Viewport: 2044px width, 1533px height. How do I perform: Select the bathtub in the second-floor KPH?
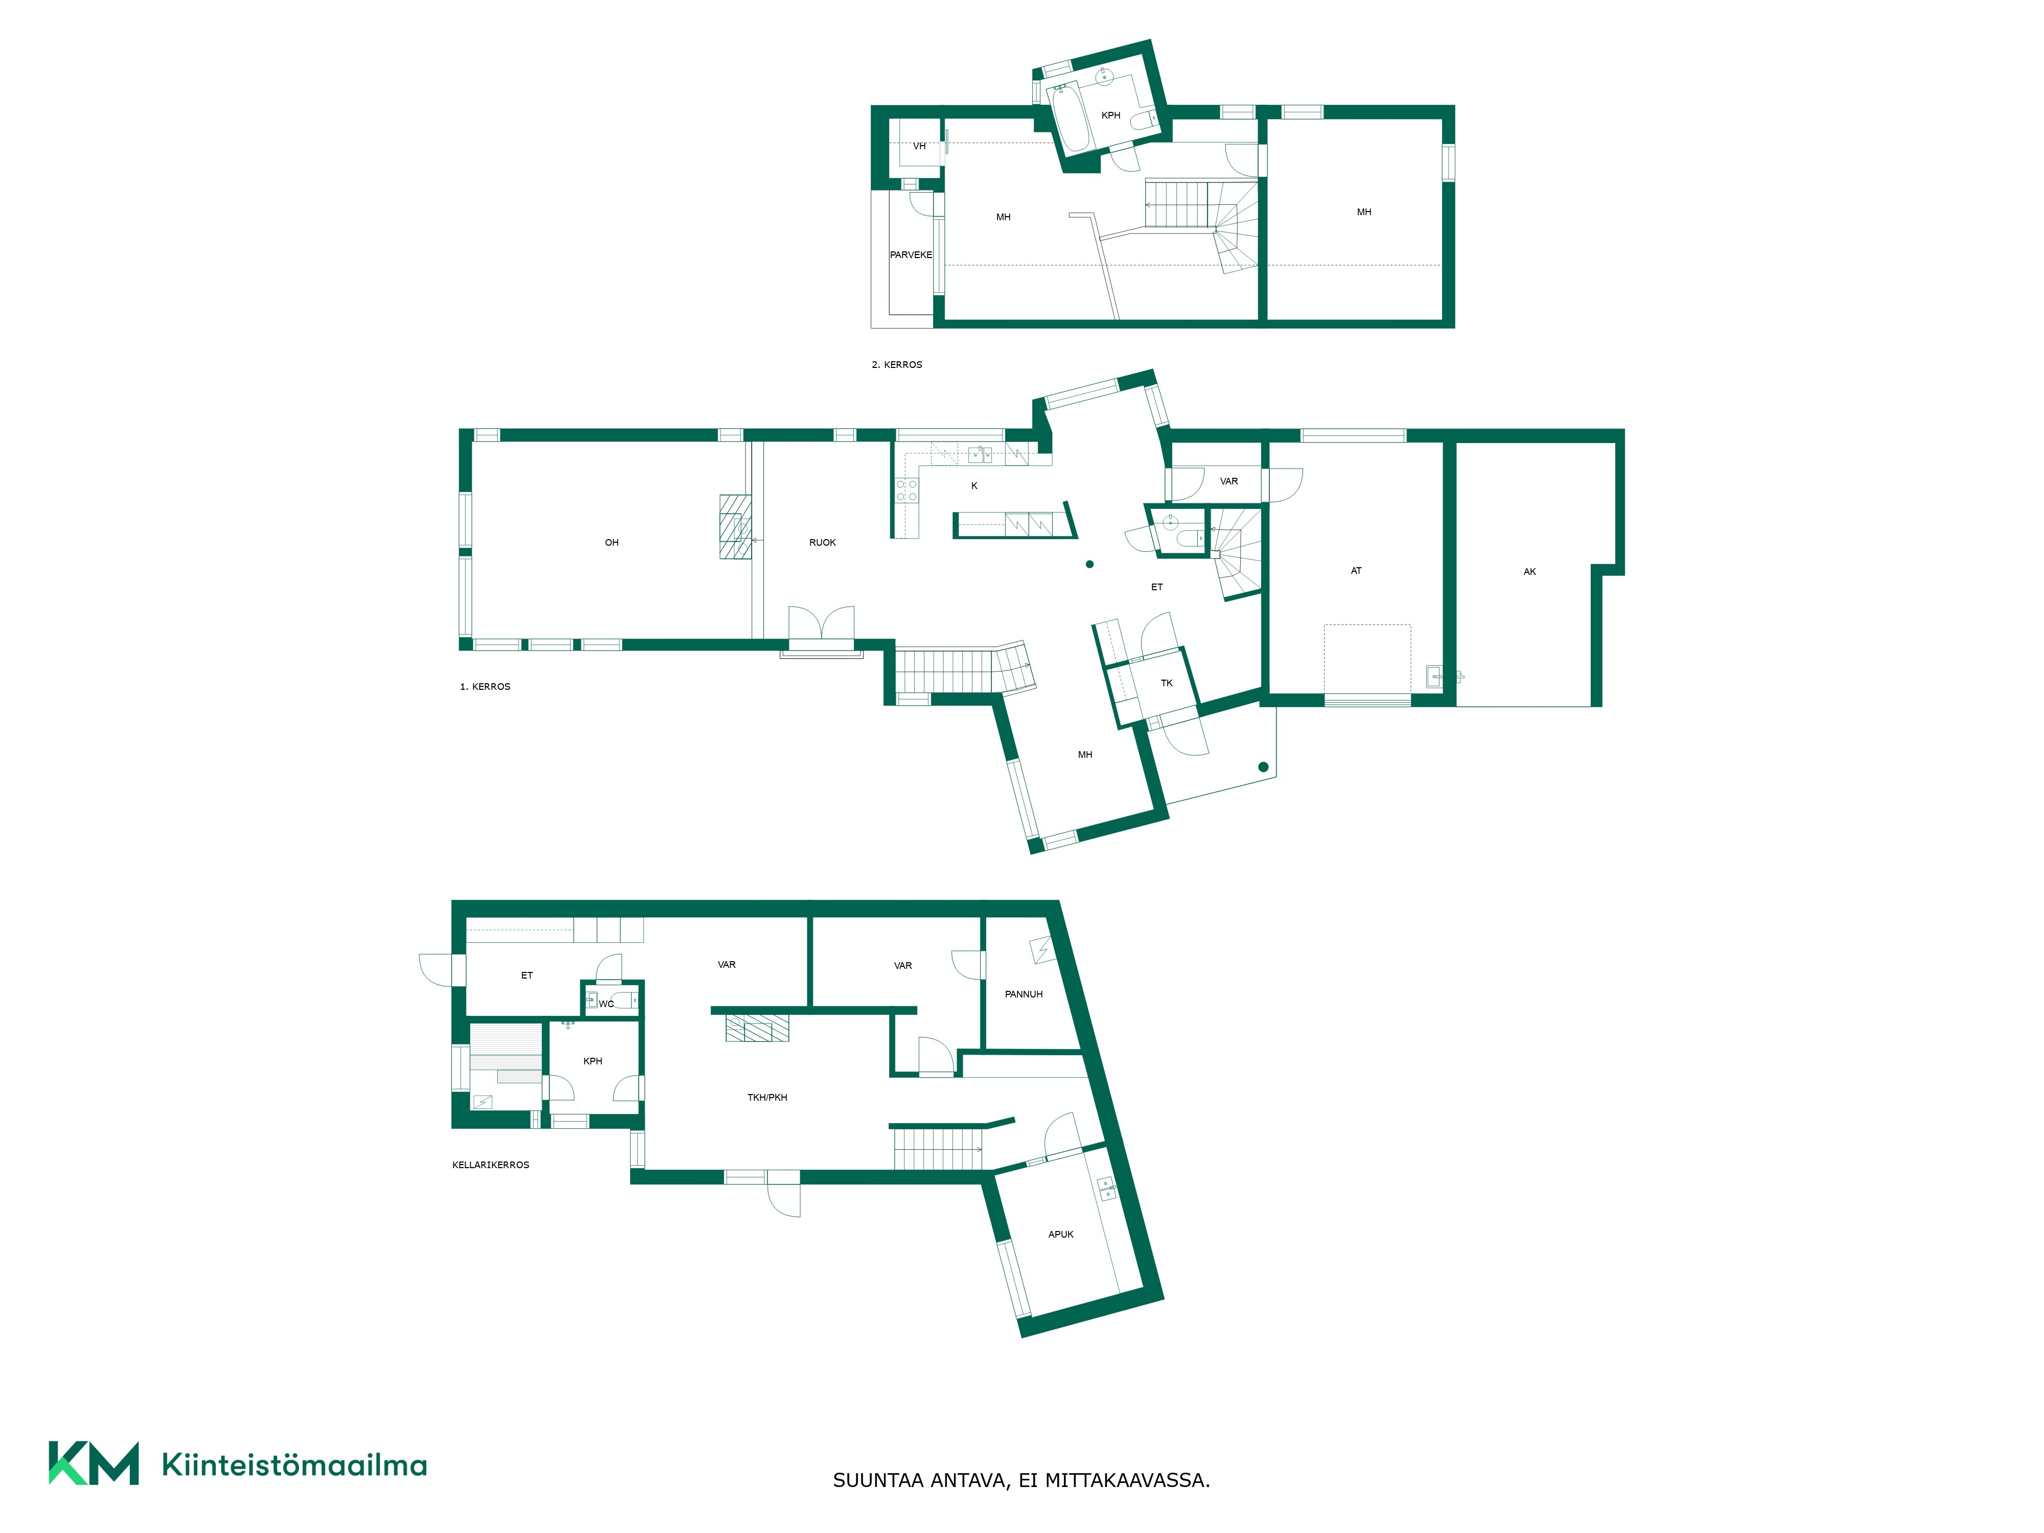point(1072,118)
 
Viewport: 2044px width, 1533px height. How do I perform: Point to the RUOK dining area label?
point(822,542)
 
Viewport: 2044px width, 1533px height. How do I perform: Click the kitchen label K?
point(974,486)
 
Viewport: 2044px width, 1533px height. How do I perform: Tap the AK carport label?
point(1529,572)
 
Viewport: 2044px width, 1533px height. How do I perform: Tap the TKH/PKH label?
point(767,1098)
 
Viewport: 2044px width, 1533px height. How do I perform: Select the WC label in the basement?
point(606,1004)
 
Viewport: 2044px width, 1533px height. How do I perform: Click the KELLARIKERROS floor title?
point(491,1165)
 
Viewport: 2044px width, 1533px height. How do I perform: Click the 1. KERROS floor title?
point(485,687)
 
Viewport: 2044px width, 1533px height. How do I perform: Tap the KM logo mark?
point(94,1463)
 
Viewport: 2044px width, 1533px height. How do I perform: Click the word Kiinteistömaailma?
point(294,1465)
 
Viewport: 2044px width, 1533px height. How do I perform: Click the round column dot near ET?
point(1089,564)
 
